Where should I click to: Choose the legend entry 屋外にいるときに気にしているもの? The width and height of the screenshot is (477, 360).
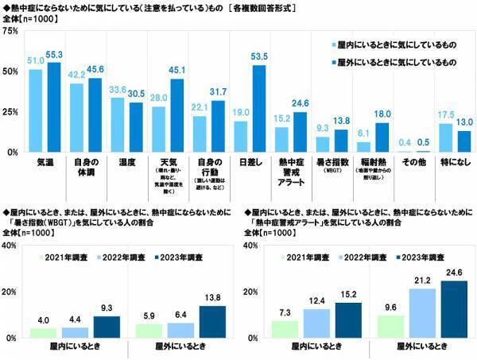[x=396, y=61]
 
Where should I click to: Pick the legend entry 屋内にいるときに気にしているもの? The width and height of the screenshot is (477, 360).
[x=396, y=45]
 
